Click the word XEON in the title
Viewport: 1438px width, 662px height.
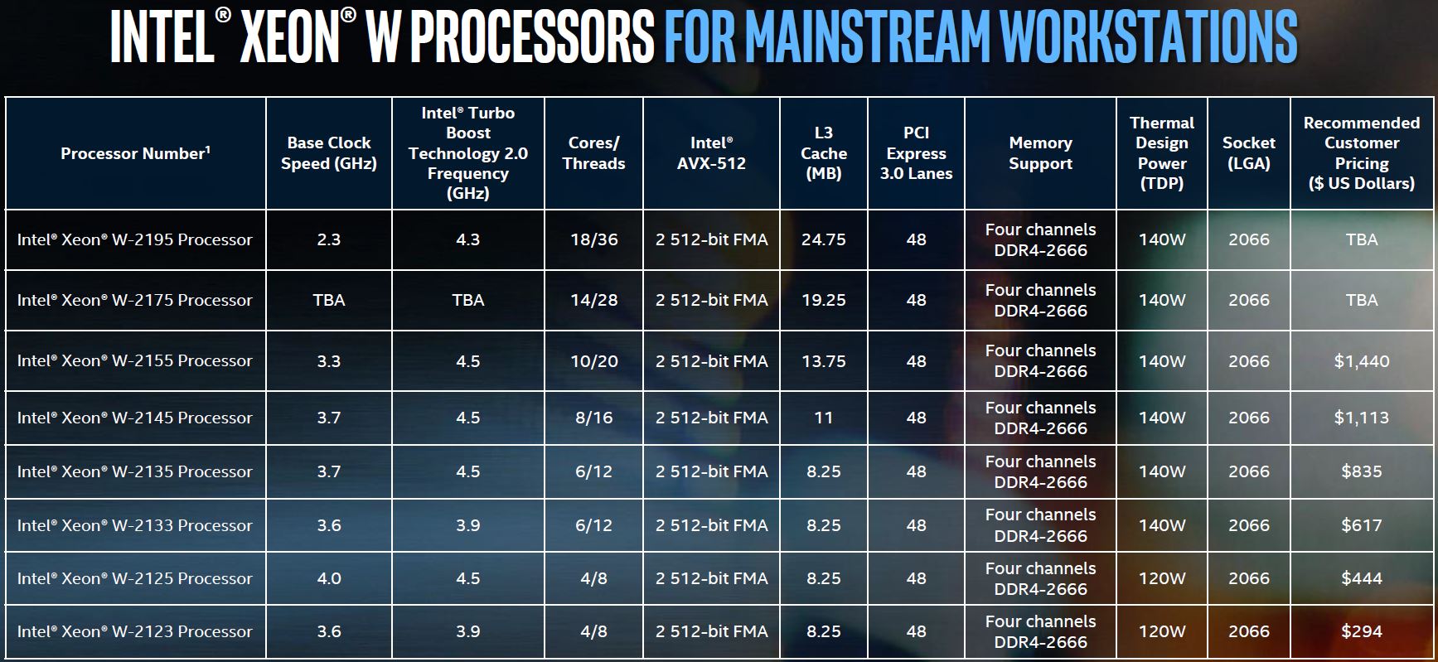click(289, 37)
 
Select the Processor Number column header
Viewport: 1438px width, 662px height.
click(135, 153)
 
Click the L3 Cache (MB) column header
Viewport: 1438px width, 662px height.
click(823, 153)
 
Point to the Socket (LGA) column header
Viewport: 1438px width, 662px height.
click(1248, 153)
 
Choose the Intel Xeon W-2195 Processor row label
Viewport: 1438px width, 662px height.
click(134, 239)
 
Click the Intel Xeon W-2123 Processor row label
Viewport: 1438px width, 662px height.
click(134, 631)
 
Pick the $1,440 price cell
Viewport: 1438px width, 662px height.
click(1361, 361)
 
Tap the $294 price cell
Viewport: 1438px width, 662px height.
click(1361, 631)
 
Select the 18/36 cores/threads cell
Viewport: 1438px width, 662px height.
click(593, 239)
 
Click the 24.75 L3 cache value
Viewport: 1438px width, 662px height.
click(823, 239)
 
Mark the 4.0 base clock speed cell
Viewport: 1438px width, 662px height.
click(328, 578)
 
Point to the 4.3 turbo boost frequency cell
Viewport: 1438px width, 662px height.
click(467, 239)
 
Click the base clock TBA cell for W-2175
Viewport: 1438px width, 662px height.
click(328, 300)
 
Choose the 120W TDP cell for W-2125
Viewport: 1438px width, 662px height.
click(1161, 578)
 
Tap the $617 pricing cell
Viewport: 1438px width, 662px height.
click(1361, 525)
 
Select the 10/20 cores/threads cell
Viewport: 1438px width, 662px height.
click(593, 361)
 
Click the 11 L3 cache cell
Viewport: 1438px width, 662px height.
click(823, 418)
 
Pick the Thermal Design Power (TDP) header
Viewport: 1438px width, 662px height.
click(1161, 153)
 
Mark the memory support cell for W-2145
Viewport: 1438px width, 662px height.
click(1040, 418)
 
